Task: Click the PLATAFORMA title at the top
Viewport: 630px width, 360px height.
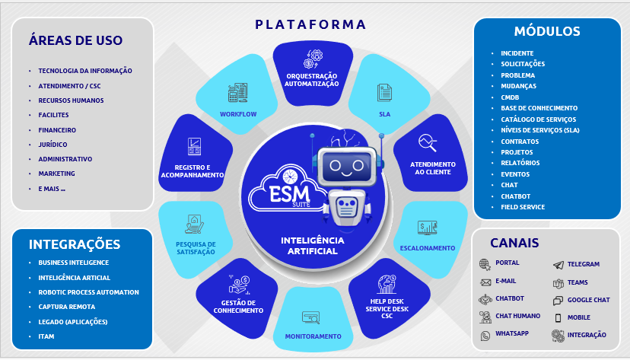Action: pos(310,24)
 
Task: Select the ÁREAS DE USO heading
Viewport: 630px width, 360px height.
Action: pos(75,40)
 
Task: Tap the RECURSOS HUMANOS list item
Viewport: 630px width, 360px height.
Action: pos(71,100)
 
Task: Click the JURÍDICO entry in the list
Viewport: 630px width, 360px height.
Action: pos(52,145)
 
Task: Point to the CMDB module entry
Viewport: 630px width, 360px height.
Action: pos(511,97)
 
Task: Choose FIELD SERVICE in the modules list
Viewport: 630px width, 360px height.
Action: pos(522,207)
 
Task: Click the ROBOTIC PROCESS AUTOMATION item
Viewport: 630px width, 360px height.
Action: pos(88,292)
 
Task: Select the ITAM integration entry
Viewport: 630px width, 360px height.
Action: pos(46,336)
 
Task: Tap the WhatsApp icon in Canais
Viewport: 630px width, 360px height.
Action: pos(485,336)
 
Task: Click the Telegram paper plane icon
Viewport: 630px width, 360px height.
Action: pos(558,265)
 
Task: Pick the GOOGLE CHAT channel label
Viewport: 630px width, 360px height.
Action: pos(588,300)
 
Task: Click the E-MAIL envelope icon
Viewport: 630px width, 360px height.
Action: pos(485,282)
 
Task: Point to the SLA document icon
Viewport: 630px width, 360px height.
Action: pos(384,93)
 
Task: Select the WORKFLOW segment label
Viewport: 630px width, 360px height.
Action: pos(238,114)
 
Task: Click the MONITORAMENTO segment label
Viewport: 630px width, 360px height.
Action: pos(313,336)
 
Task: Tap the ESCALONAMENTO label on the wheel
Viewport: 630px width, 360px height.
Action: pos(427,247)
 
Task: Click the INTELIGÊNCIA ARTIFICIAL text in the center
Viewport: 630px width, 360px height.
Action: pos(313,245)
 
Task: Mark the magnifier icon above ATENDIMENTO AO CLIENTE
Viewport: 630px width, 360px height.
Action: pos(428,142)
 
